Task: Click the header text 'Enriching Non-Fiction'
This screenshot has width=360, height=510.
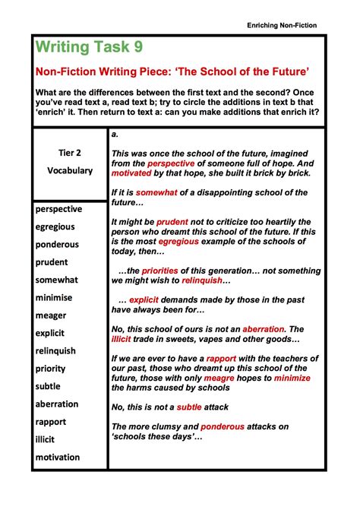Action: (x=282, y=25)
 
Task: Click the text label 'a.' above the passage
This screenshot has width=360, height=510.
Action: (x=115, y=134)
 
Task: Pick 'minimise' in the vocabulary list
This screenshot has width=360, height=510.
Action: (x=55, y=297)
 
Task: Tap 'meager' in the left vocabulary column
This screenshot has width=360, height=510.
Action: (x=51, y=315)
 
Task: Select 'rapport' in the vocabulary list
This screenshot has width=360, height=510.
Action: (x=51, y=422)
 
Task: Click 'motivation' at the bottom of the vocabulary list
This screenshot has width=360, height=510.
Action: (x=58, y=458)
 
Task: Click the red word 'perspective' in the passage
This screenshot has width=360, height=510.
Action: (x=171, y=163)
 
